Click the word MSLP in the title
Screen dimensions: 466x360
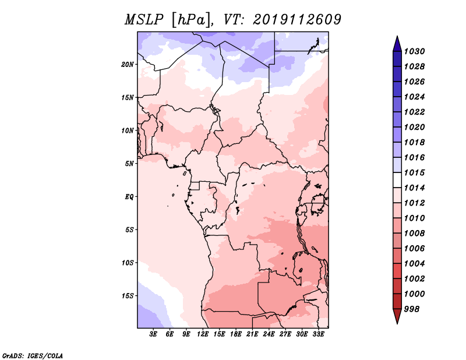[144, 20]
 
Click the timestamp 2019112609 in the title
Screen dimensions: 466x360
[297, 20]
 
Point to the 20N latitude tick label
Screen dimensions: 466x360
[128, 65]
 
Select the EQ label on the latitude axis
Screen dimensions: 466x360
[129, 196]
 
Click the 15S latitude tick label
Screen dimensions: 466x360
[128, 296]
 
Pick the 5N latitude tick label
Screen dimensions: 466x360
[129, 164]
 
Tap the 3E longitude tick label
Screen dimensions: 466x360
[153, 334]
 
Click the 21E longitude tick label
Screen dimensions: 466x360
[252, 334]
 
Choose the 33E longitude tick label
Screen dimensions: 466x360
[318, 334]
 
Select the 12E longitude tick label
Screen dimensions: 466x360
[203, 334]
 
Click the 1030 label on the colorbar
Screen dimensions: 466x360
[414, 51]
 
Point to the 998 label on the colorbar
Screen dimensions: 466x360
[412, 309]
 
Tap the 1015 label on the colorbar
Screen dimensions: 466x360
[414, 172]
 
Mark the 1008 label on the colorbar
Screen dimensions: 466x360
[414, 234]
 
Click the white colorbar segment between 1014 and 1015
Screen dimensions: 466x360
[397, 180]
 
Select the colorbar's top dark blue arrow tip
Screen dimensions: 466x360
[397, 36]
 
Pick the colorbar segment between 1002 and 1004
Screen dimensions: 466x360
[397, 271]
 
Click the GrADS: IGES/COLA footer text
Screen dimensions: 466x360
[32, 355]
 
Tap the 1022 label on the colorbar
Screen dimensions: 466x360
[414, 112]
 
